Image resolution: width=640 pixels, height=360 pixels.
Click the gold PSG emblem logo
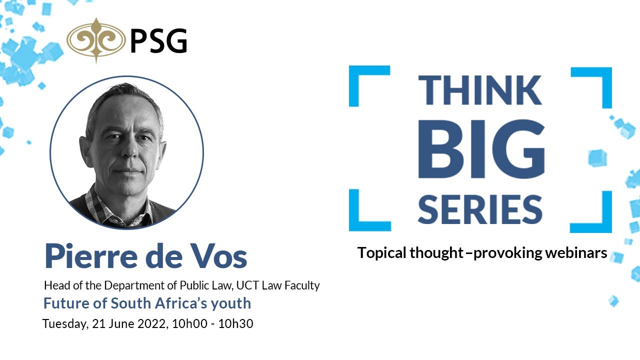click(x=96, y=40)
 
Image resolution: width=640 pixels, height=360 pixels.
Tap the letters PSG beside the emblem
click(x=158, y=41)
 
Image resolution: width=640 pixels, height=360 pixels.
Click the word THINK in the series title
click(x=480, y=90)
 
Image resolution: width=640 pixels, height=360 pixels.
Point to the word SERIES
click(x=480, y=209)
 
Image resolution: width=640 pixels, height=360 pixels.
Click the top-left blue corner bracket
click(x=365, y=82)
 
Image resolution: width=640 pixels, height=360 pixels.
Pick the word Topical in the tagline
click(x=381, y=253)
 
